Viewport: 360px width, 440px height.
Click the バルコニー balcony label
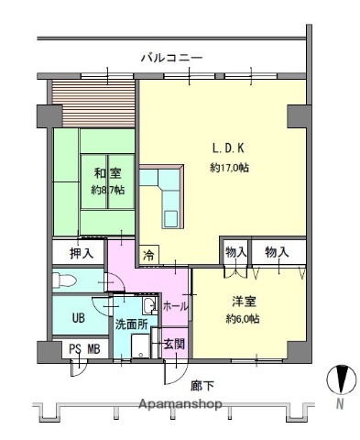(x=170, y=58)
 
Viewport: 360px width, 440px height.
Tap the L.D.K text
(x=228, y=148)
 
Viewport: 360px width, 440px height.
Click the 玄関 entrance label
(x=173, y=345)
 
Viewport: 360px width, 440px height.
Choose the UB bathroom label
(x=77, y=317)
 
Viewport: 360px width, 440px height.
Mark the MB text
(x=94, y=348)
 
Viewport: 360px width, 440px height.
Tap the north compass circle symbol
(x=339, y=379)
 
